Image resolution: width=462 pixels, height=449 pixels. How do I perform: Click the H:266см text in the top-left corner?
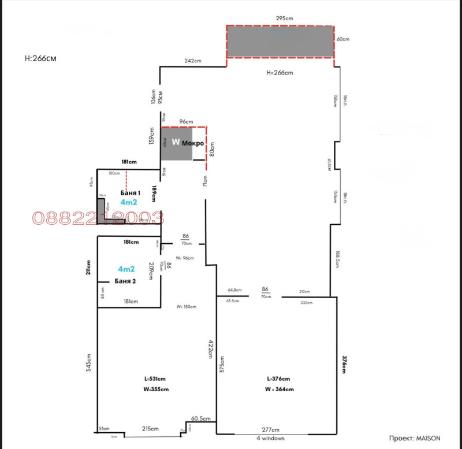[41, 58]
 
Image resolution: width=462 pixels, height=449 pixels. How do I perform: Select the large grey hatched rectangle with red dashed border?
[280, 42]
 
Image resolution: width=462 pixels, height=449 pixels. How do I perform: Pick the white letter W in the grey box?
[176, 142]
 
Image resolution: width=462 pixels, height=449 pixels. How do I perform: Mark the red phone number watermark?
[98, 218]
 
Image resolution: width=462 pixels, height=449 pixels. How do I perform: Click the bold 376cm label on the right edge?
[345, 365]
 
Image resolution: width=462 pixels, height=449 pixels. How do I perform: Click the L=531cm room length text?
[156, 379]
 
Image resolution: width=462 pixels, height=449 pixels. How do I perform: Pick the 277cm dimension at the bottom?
[270, 430]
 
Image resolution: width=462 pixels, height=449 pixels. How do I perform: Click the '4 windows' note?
[270, 438]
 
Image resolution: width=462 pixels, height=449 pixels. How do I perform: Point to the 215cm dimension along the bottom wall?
[151, 429]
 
